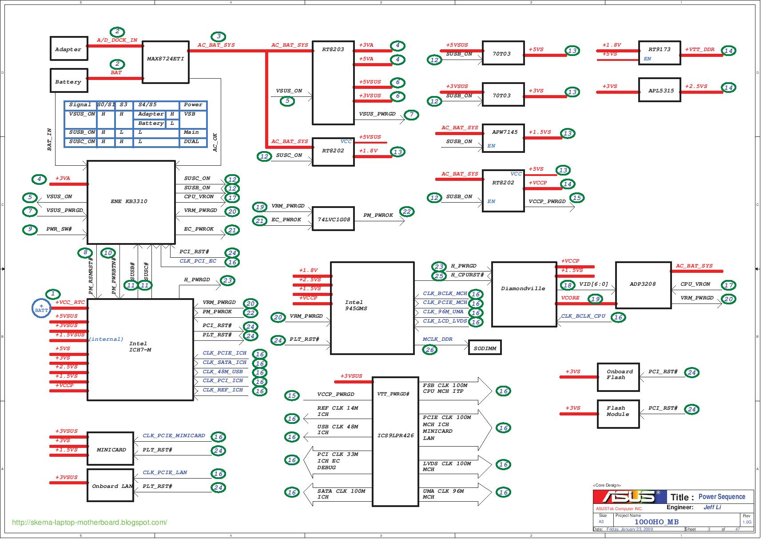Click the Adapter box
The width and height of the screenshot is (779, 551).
68,48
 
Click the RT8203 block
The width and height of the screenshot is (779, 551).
333,83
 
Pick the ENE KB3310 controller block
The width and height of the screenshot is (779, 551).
131,202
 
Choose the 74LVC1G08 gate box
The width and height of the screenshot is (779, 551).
333,219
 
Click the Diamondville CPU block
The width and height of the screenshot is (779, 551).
524,294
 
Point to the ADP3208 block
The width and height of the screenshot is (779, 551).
643,285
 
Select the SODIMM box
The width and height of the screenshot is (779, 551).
485,348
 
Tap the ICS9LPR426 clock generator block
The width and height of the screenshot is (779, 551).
395,442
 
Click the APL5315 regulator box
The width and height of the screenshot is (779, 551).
659,90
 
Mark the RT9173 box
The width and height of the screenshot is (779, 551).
659,53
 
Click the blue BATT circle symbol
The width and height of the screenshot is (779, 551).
42,308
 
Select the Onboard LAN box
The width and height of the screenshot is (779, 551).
110,486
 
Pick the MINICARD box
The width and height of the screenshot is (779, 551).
110,449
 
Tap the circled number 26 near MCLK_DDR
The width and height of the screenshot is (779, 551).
429,350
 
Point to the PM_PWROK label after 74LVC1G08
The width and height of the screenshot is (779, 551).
378,215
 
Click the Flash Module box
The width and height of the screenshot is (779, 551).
618,414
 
